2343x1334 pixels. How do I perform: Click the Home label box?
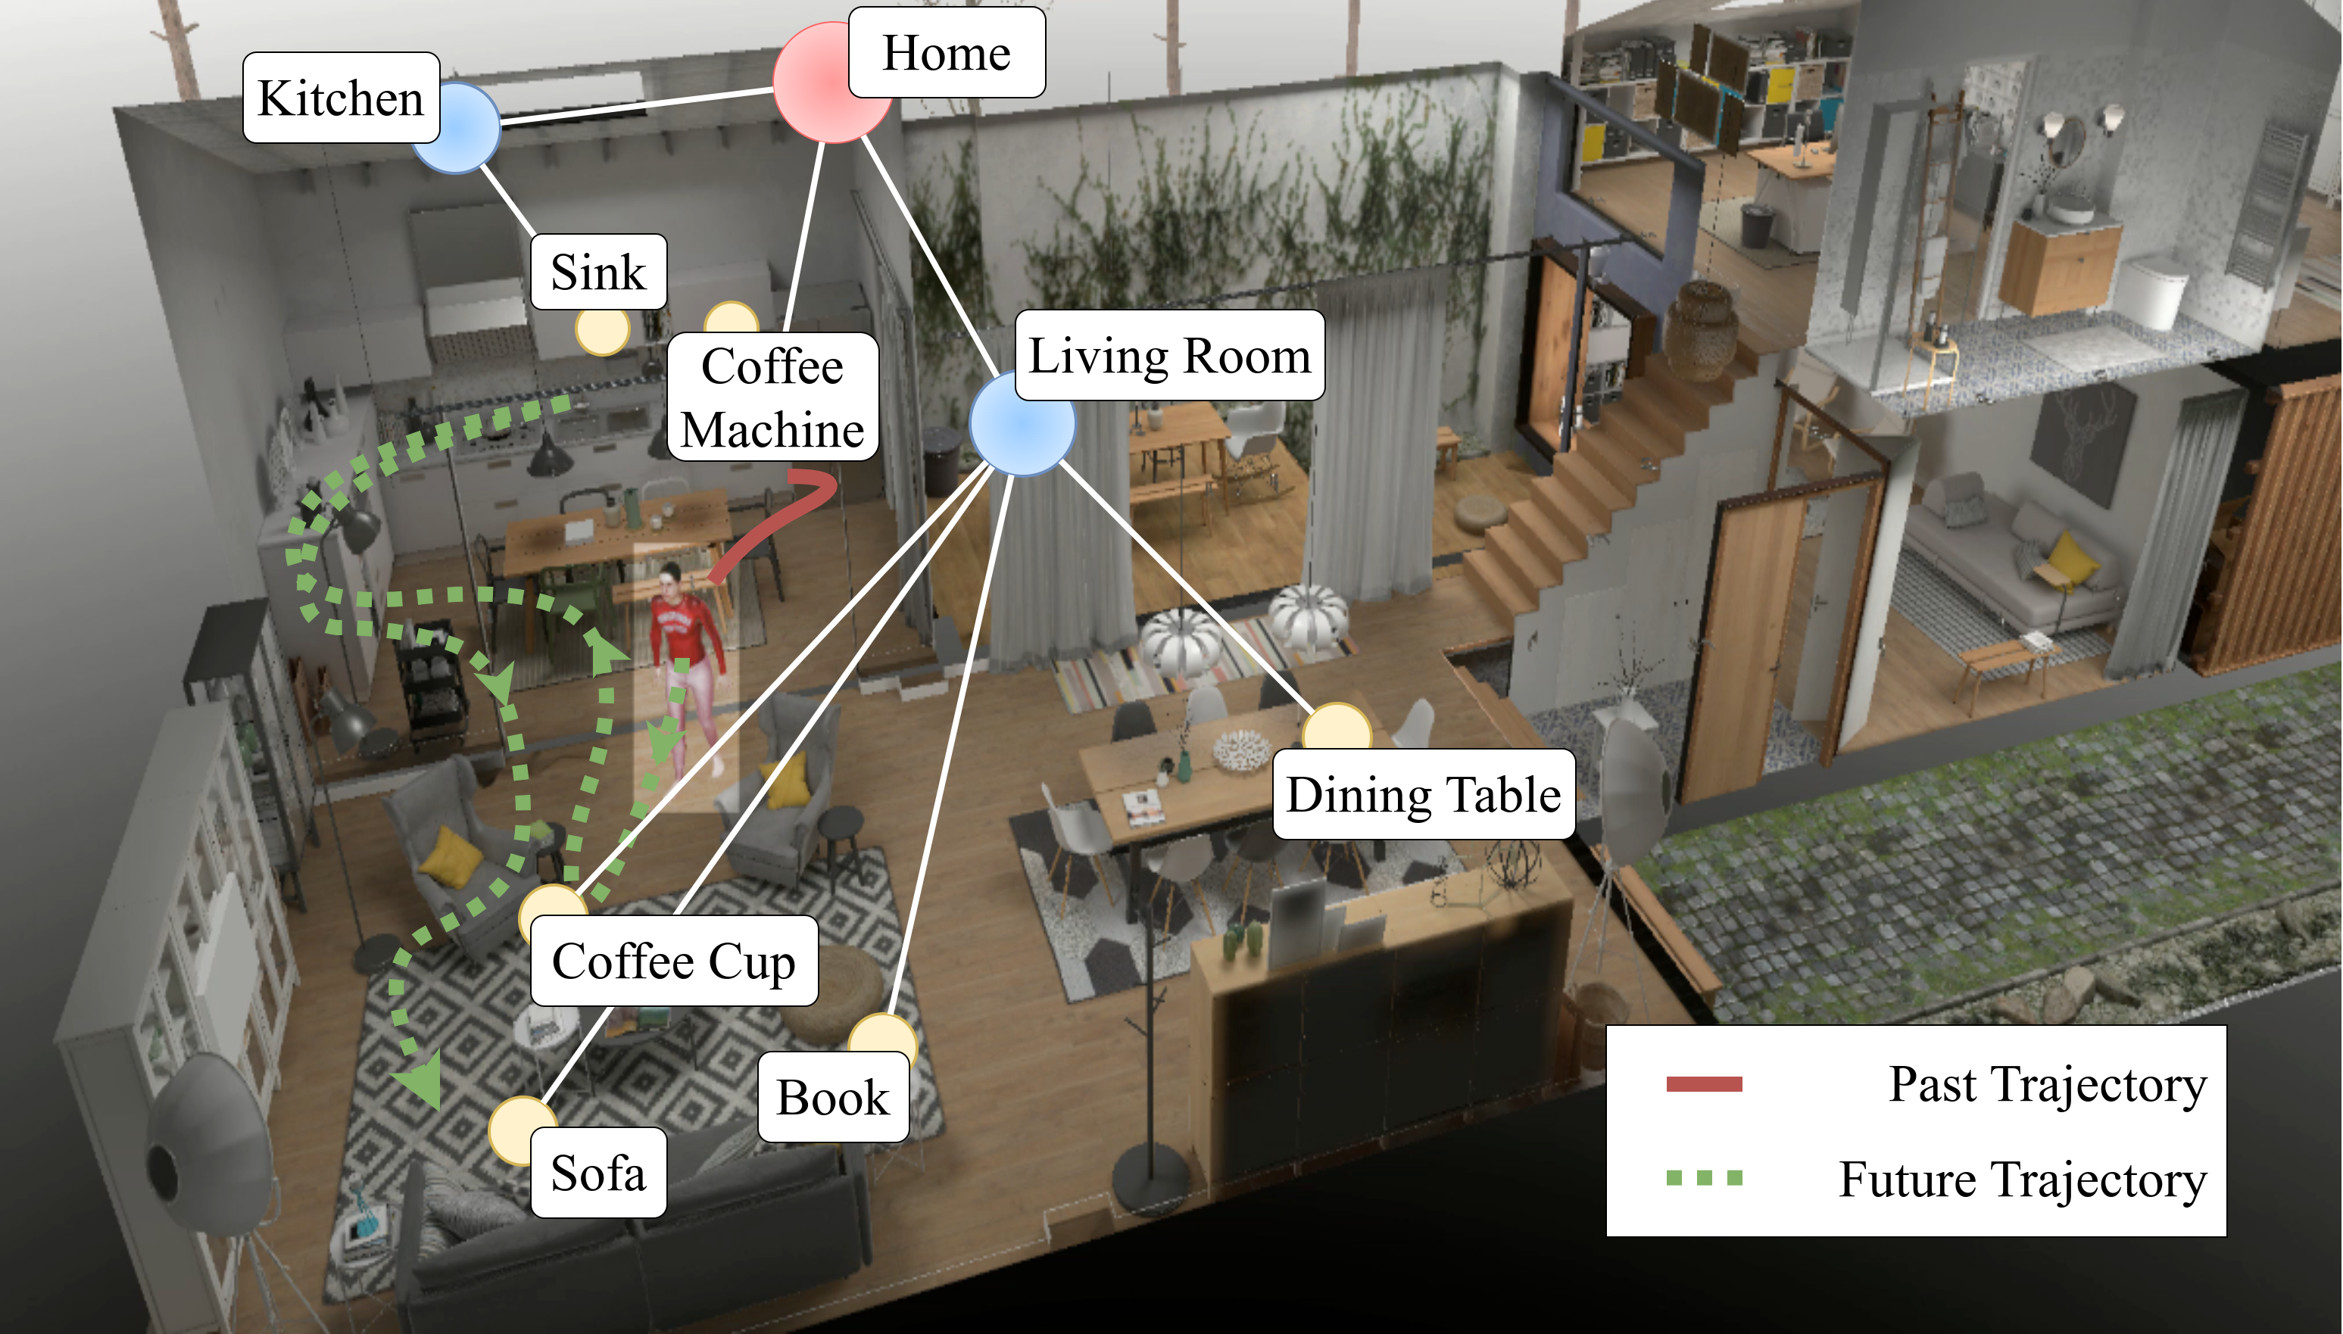coord(946,52)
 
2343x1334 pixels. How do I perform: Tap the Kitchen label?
coord(341,97)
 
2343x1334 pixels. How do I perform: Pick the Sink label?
coord(598,272)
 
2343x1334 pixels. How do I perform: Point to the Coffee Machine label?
coord(772,397)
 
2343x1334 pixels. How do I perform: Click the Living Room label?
coord(1169,356)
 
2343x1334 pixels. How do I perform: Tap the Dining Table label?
coord(1423,794)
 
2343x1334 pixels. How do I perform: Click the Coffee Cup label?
coord(673,961)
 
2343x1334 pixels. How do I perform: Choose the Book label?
coord(833,1097)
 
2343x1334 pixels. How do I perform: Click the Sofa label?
coord(598,1173)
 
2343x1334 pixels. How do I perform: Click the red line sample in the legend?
coord(1703,1085)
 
